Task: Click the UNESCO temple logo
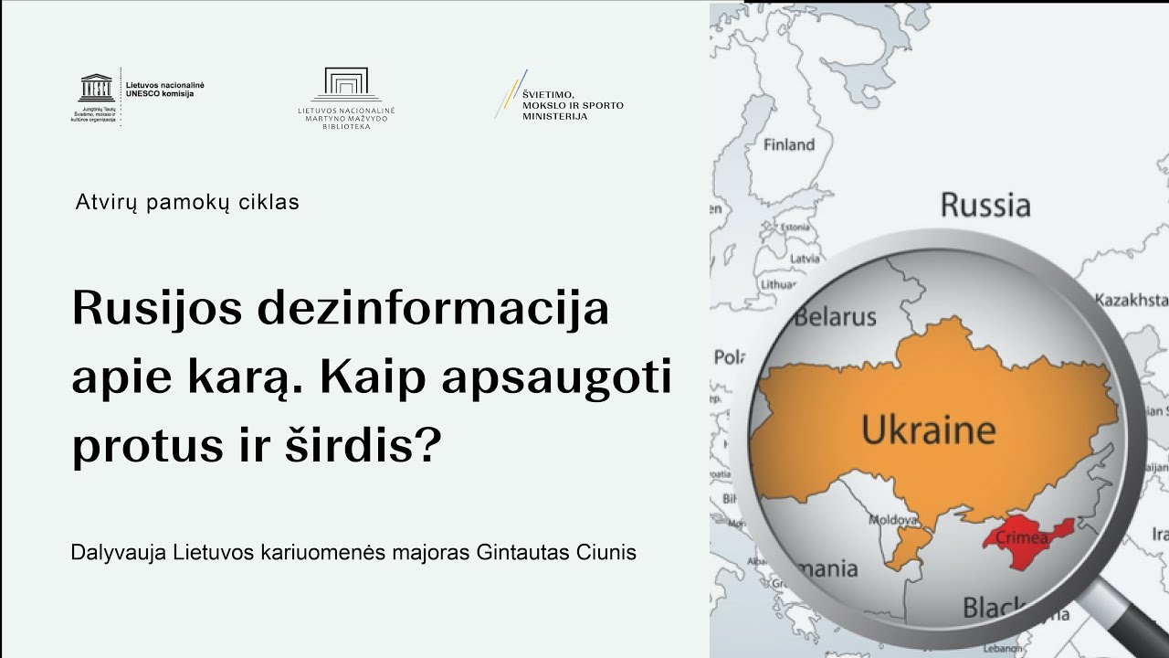95,88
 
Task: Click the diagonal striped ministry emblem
511,93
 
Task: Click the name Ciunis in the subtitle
606,553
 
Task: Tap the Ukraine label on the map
928,430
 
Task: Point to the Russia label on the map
985,204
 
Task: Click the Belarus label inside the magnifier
835,317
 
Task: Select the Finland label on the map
788,144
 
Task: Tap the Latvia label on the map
805,259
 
